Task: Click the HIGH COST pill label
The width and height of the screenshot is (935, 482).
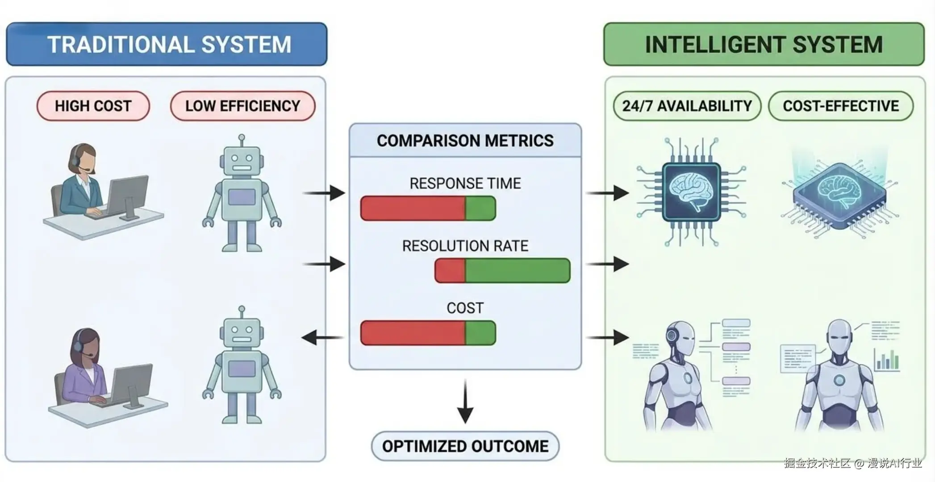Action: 93,106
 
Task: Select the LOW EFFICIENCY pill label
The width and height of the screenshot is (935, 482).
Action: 242,106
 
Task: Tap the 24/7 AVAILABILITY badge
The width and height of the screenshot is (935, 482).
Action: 687,106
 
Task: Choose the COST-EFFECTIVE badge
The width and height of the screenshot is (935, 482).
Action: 841,106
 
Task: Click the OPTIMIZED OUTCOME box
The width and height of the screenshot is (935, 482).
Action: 465,446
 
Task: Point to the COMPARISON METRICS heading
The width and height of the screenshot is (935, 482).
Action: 465,141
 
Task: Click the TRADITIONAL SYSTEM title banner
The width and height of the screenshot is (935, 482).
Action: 167,44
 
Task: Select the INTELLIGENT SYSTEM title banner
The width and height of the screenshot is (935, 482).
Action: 764,44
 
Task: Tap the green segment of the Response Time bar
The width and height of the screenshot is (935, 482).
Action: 480,208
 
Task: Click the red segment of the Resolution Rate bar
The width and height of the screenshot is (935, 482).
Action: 450,270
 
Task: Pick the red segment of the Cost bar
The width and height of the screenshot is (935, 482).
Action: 413,333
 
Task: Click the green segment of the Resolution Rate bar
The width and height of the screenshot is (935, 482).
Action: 517,270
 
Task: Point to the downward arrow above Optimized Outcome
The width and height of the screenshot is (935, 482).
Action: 465,402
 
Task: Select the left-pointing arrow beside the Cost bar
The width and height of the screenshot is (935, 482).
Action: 321,338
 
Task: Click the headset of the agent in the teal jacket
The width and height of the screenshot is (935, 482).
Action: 75,157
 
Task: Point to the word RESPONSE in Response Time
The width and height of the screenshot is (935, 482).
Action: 438,183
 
